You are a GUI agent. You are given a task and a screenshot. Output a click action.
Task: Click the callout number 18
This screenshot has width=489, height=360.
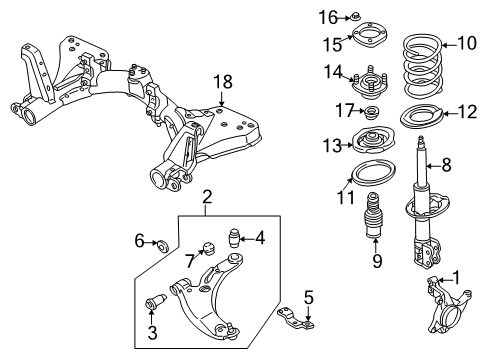(x=223, y=82)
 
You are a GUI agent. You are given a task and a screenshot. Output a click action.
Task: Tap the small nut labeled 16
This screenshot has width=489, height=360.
(x=354, y=16)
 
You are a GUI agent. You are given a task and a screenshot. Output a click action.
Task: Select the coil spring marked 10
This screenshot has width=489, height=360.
(x=423, y=64)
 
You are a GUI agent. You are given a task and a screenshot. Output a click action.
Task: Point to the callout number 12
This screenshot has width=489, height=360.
(x=468, y=112)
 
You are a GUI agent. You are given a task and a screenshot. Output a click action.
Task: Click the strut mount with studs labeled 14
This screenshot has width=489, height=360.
(x=370, y=84)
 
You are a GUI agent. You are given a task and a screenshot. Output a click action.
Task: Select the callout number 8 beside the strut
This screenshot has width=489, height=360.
(x=446, y=165)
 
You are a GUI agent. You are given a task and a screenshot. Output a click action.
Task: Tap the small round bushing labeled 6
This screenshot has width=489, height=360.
(x=163, y=245)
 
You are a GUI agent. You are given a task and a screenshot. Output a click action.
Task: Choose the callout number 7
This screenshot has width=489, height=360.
(x=190, y=261)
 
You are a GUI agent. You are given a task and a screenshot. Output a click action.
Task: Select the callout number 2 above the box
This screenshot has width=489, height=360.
(x=207, y=197)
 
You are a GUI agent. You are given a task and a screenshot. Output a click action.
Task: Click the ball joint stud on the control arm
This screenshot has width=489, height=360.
(x=231, y=330)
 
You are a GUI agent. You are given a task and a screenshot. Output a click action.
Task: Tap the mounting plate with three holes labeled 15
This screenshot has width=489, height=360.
(x=370, y=35)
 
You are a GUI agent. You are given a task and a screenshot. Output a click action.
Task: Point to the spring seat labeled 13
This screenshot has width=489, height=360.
(x=374, y=140)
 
